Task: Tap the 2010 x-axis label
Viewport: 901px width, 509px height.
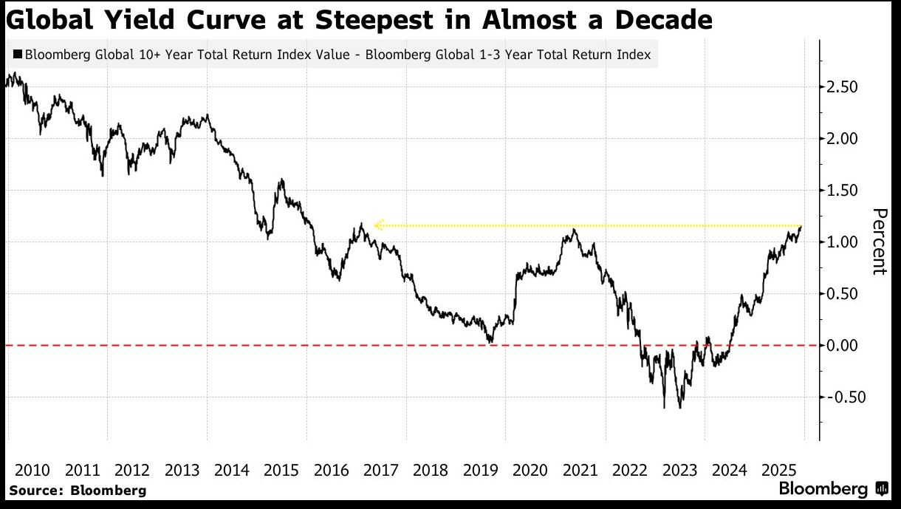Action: pos(32,470)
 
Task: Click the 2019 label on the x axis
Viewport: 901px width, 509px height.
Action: pos(481,470)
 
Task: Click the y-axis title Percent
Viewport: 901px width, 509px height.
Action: pos(879,242)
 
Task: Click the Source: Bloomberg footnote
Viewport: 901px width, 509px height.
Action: pos(78,490)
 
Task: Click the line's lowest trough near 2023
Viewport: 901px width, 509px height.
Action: pos(679,408)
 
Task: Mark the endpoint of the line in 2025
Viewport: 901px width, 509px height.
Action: pos(801,227)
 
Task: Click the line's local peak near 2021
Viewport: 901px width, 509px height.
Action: pos(574,230)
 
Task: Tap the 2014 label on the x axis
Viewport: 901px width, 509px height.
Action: pos(232,470)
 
